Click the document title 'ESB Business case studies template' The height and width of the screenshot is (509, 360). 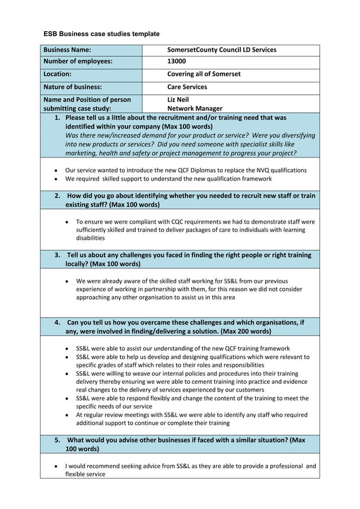click(x=102, y=34)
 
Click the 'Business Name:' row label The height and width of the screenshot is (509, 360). click(x=68, y=50)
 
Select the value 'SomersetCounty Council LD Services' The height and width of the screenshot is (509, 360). click(x=222, y=50)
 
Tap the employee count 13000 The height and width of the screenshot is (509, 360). click(x=177, y=62)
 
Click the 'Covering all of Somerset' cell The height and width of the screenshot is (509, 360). click(x=204, y=74)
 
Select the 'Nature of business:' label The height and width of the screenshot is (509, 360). click(x=73, y=87)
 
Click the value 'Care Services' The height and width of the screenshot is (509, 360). click(x=187, y=87)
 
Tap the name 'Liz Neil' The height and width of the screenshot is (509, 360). click(x=178, y=99)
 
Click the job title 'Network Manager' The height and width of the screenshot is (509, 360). click(x=195, y=108)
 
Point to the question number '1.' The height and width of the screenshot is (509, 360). click(x=57, y=118)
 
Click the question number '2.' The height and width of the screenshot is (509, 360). click(x=58, y=195)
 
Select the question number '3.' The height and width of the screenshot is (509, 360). click(x=58, y=255)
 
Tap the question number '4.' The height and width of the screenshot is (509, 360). click(x=58, y=322)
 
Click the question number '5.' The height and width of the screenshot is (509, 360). click(x=58, y=440)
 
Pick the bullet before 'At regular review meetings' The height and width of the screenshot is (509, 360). click(x=68, y=415)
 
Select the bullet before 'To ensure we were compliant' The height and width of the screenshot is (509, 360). click(x=68, y=222)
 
